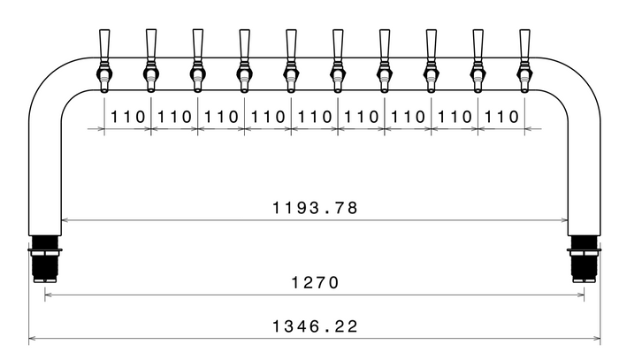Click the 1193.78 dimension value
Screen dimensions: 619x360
click(315, 208)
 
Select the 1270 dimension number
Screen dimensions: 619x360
click(315, 283)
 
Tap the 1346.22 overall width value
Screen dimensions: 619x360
click(315, 326)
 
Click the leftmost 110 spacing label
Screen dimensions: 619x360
click(127, 117)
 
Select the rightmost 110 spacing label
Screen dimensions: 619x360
click(501, 117)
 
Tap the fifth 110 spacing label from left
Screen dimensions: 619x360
click(314, 117)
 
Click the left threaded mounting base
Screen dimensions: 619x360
click(45, 258)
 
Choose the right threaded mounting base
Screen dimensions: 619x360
click(585, 258)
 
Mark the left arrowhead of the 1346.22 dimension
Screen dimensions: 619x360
click(33, 338)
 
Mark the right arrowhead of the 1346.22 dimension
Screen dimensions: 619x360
click(597, 338)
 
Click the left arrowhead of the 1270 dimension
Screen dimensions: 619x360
click(49, 295)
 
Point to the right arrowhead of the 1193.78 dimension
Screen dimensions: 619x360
click(564, 220)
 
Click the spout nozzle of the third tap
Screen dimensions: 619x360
click(197, 88)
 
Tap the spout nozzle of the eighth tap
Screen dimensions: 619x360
click(432, 88)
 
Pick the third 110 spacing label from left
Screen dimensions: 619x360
click(221, 117)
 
